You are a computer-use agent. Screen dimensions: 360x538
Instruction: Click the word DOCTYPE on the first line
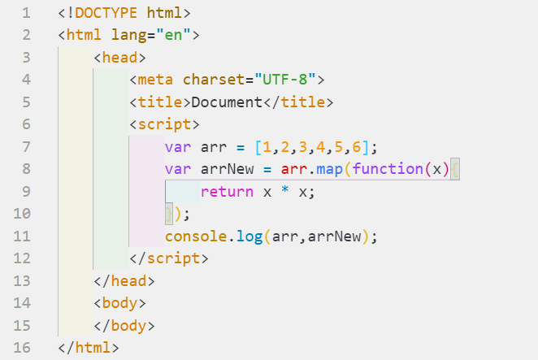coord(106,14)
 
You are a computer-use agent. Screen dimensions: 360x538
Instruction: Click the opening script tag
coord(164,124)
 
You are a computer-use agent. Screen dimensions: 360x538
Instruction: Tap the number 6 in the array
coord(356,147)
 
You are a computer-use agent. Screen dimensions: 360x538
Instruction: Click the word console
coord(196,236)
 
